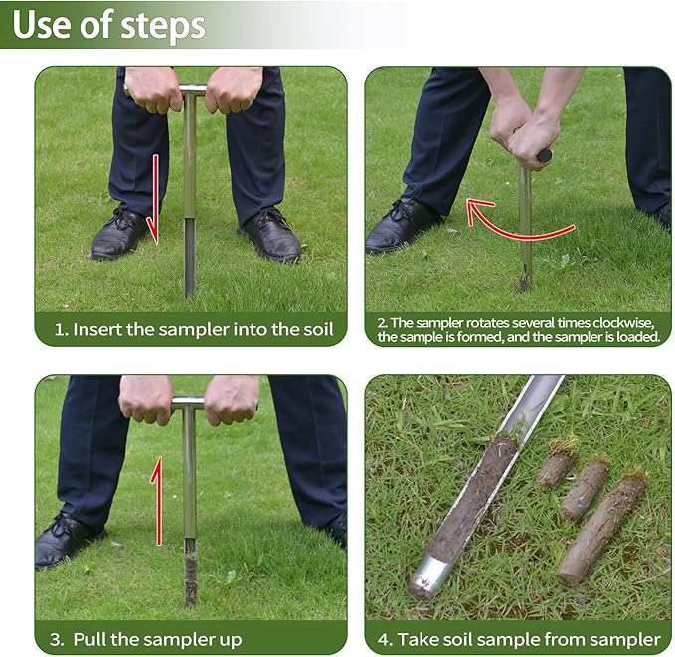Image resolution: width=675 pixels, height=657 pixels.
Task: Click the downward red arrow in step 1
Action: pyautogui.click(x=153, y=199)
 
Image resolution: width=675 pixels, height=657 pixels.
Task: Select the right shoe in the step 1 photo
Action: pyautogui.click(x=270, y=237)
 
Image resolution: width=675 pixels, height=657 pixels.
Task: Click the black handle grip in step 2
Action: pyautogui.click(x=543, y=155)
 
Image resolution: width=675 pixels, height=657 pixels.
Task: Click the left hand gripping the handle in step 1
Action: pyautogui.click(x=154, y=89)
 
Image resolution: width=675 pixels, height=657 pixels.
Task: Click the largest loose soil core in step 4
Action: pyautogui.click(x=601, y=527)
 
